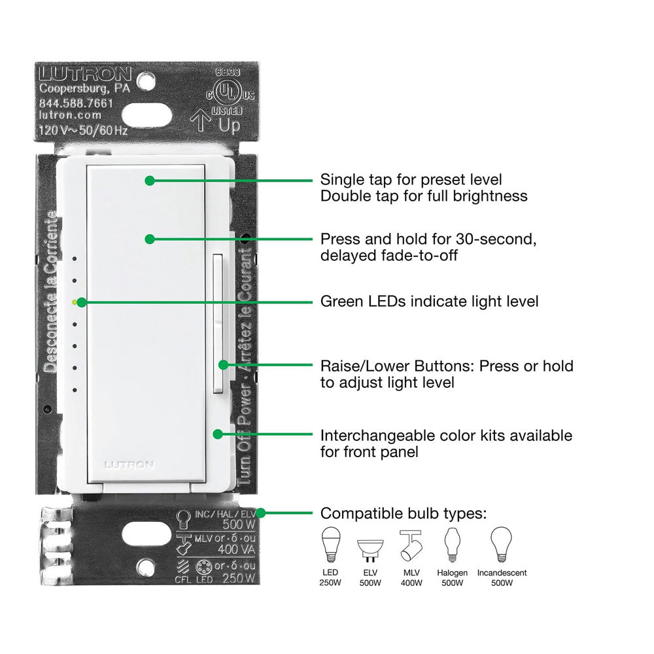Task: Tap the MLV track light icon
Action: pos(409,545)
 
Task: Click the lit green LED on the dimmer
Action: pos(77,302)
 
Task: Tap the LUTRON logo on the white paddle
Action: pos(129,465)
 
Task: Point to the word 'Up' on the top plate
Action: pos(230,125)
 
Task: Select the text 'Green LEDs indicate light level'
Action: pos(429,301)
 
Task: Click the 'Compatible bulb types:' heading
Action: pos(404,513)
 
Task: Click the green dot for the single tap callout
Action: pos(150,181)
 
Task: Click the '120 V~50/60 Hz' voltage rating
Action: pos(83,130)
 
